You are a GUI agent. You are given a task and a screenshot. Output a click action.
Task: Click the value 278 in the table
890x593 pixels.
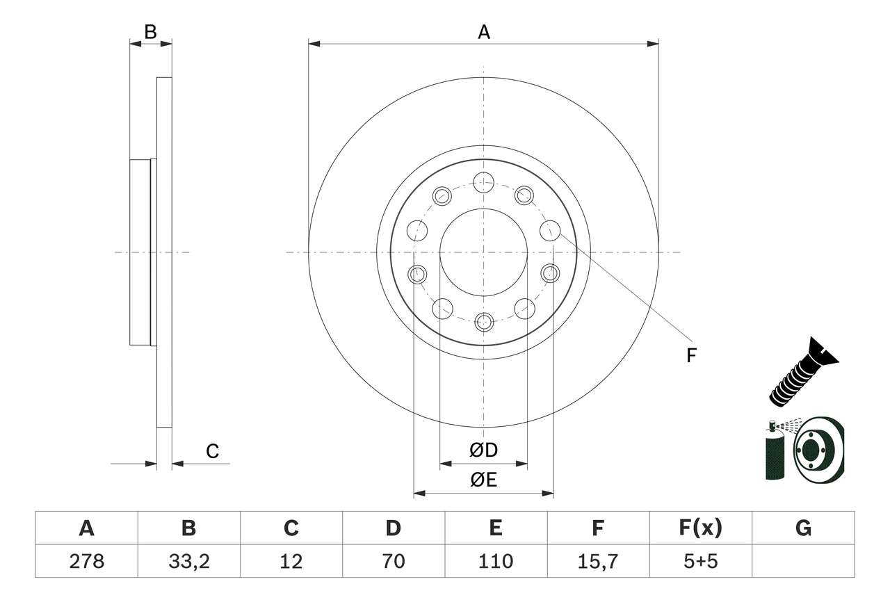click(86, 561)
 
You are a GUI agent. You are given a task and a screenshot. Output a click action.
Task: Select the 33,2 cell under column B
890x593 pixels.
click(188, 561)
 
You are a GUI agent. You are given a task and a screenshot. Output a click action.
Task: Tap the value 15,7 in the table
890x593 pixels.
click(597, 561)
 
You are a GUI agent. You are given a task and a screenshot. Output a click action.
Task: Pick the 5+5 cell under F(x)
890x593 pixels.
click(700, 561)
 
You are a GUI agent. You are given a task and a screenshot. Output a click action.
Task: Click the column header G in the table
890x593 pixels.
click(803, 528)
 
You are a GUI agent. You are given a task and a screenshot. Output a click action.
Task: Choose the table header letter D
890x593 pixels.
click(393, 528)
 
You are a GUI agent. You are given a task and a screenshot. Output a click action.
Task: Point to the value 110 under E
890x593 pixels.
click(495, 561)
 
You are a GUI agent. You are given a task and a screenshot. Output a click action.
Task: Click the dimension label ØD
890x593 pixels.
click(484, 450)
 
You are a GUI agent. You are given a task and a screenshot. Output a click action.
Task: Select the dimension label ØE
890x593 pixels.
click(484, 480)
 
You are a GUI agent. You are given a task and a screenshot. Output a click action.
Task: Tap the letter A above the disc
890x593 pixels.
click(484, 31)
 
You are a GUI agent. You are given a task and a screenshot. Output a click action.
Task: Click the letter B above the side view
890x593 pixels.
click(150, 31)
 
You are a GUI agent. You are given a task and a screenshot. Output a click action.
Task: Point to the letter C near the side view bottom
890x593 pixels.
click(212, 451)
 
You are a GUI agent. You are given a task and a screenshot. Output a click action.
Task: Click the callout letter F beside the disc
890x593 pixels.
click(690, 356)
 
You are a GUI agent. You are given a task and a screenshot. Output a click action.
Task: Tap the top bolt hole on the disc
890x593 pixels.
click(483, 183)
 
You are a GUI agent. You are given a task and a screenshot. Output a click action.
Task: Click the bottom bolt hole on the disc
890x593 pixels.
click(484, 322)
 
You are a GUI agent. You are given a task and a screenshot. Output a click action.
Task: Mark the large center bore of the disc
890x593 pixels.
click(483, 252)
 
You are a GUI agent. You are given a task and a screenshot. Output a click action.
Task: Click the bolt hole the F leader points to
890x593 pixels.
click(550, 229)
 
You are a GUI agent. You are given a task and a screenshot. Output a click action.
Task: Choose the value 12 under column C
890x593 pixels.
click(291, 561)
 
